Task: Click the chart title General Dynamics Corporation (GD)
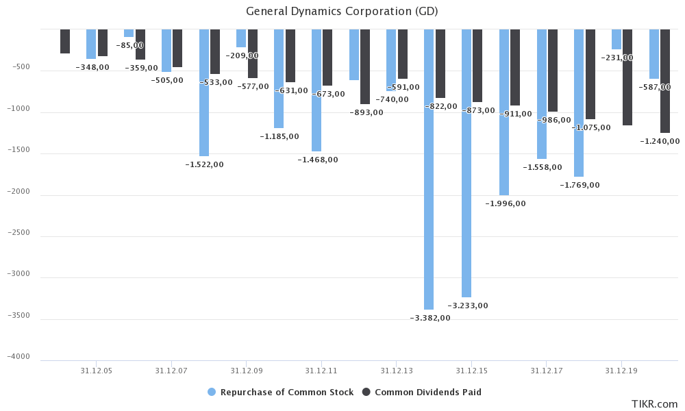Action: pyautogui.click(x=342, y=12)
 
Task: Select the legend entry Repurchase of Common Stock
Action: pyautogui.click(x=280, y=393)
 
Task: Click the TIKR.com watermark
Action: pyautogui.click(x=654, y=404)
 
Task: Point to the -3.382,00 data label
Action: pyautogui.click(x=430, y=318)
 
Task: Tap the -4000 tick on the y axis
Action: pyautogui.click(x=20, y=357)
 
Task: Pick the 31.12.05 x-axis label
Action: pyautogui.click(x=96, y=371)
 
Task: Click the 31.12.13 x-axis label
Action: pyautogui.click(x=396, y=371)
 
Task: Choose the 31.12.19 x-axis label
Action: pyautogui.click(x=621, y=371)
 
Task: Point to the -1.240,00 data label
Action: pyautogui.click(x=660, y=141)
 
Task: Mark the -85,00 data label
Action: pyautogui.click(x=129, y=45)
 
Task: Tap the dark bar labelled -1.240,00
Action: pyautogui.click(x=665, y=82)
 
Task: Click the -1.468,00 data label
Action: pyautogui.click(x=317, y=160)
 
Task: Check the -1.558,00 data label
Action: pyautogui.click(x=542, y=167)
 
